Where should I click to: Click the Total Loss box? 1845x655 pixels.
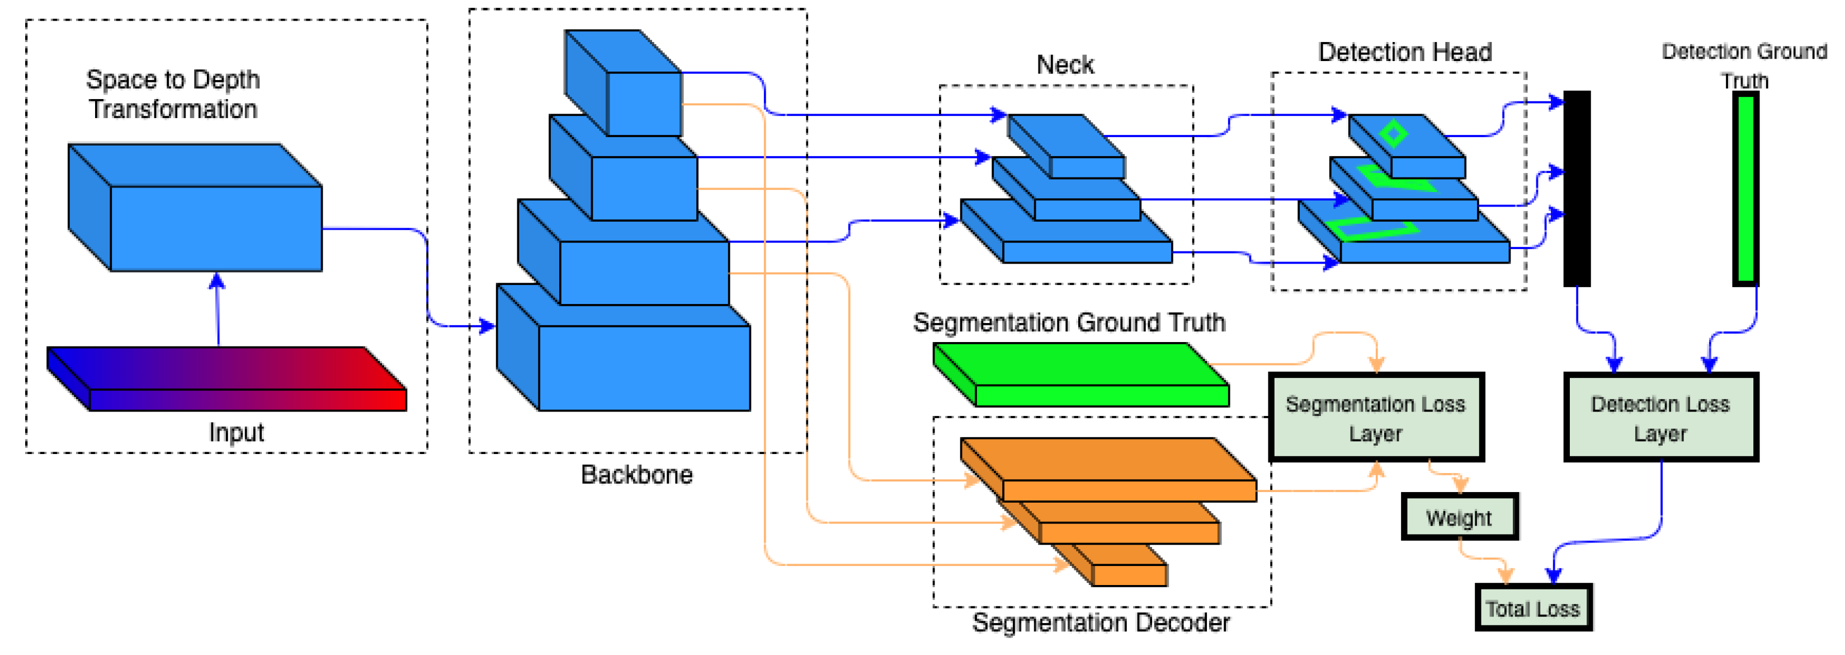click(1533, 608)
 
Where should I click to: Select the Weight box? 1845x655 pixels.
click(1459, 517)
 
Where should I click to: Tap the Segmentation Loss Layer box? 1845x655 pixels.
click(1376, 418)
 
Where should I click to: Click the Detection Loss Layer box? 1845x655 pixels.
click(1660, 418)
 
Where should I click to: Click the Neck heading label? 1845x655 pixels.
click(1065, 64)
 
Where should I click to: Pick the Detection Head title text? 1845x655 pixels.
click(1404, 52)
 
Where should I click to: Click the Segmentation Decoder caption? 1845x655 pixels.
click(1100, 622)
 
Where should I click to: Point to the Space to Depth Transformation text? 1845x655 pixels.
click(173, 94)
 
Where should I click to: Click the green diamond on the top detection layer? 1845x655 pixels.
click(1393, 133)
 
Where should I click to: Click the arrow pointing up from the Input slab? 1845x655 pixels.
click(218, 308)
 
